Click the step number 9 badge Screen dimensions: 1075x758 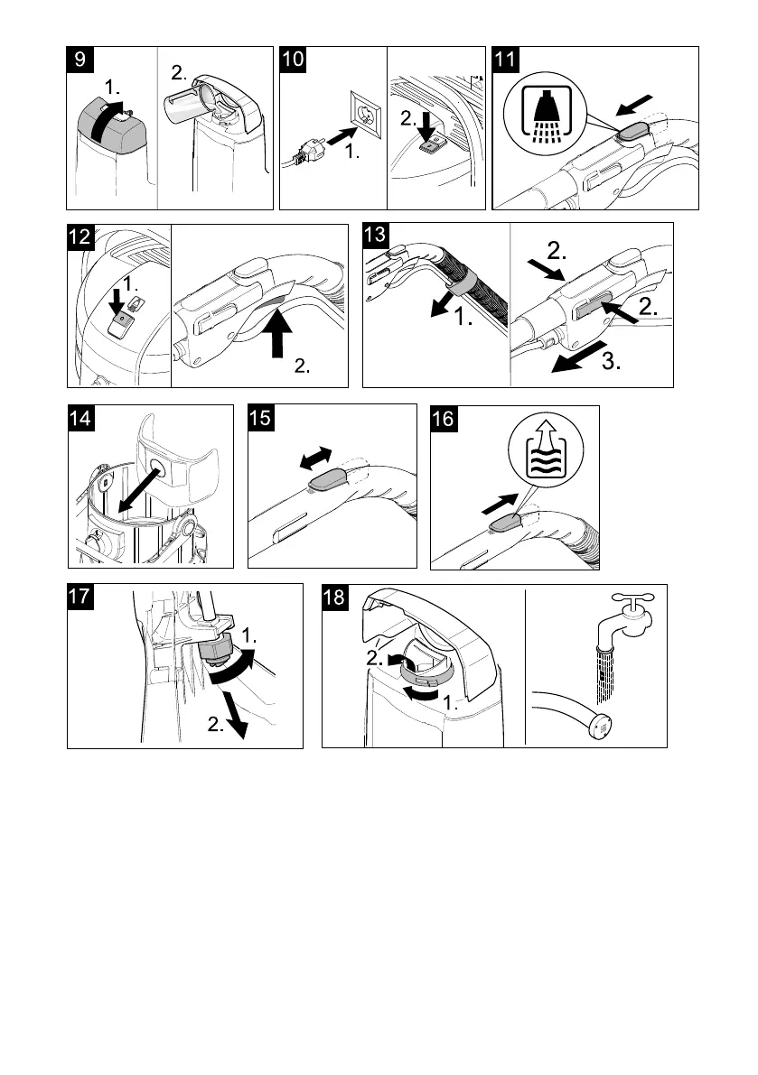point(81,61)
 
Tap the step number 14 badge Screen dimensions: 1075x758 point(82,420)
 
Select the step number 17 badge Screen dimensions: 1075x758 point(82,598)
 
